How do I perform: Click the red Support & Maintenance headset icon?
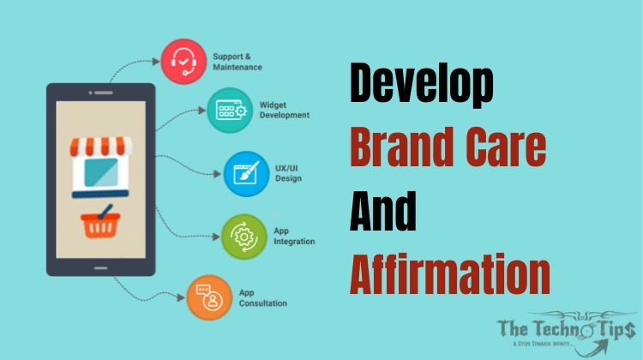pyautogui.click(x=183, y=61)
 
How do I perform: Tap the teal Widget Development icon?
pyautogui.click(x=229, y=109)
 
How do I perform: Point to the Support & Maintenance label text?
pyautogui.click(x=236, y=61)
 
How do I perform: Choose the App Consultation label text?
pyautogui.click(x=262, y=297)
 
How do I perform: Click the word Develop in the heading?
pyautogui.click(x=424, y=87)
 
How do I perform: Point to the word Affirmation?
pyautogui.click(x=449, y=274)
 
